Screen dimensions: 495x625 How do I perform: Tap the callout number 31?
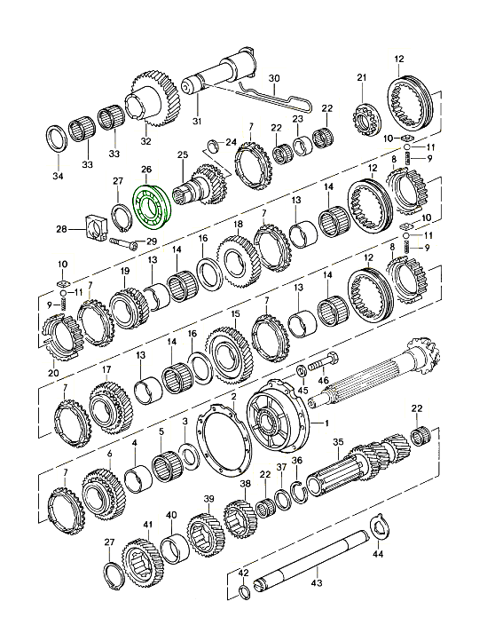point(197,121)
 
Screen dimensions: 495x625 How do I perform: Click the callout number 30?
point(274,78)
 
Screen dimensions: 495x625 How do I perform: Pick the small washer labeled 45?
point(302,371)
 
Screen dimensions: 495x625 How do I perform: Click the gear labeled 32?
point(153,99)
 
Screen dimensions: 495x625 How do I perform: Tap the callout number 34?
point(58,176)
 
